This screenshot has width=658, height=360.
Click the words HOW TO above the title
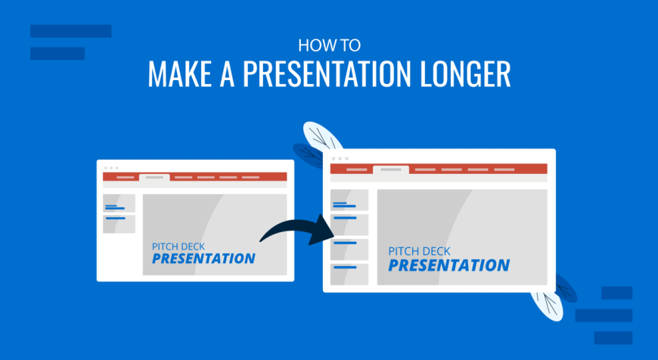[329, 45]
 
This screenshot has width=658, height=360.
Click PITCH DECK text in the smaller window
[178, 247]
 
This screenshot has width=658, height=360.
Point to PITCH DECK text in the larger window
[419, 251]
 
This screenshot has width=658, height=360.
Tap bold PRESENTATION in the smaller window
[203, 259]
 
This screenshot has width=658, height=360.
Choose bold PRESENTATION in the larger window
[449, 265]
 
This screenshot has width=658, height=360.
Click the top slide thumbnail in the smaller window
[119, 203]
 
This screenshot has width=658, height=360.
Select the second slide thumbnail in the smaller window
[119, 224]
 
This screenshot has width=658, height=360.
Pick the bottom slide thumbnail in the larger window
[349, 275]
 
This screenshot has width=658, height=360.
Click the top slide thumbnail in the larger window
[349, 200]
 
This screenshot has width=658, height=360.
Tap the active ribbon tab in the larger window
[391, 169]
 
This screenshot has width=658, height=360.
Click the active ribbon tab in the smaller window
[154, 178]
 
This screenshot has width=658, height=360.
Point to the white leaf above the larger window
[322, 135]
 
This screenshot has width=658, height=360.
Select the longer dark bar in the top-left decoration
[71, 31]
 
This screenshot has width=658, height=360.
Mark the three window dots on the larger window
[340, 159]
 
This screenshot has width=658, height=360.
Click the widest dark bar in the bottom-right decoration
[604, 315]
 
